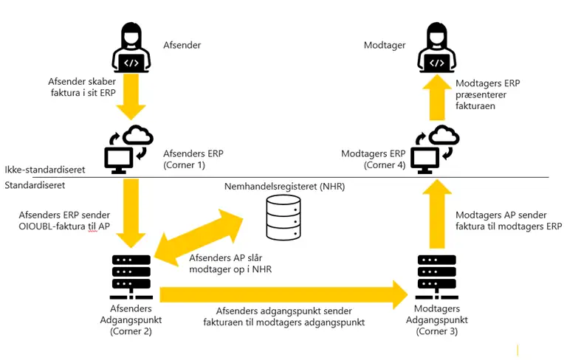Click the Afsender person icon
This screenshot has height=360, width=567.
(x=131, y=47)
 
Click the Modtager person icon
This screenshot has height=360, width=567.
(x=437, y=47)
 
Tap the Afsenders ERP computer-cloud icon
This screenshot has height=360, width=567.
(x=128, y=148)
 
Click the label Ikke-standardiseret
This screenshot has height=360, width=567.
(x=44, y=170)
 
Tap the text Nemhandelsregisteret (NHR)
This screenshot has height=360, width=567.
(x=285, y=187)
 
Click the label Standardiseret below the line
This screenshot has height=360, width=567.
(x=35, y=185)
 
